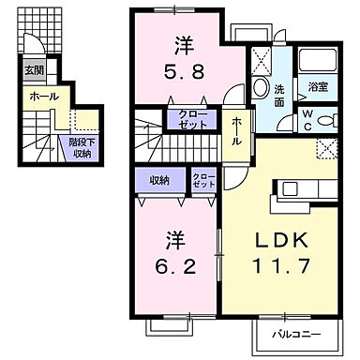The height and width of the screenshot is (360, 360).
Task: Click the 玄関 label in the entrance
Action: coord(33,69)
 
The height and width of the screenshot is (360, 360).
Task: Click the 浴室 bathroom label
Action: coord(317,86)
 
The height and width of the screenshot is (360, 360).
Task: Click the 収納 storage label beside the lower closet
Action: coord(157,181)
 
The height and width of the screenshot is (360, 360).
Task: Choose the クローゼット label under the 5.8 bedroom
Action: coord(193,119)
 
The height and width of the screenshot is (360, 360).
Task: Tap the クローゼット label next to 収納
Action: coord(202,180)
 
